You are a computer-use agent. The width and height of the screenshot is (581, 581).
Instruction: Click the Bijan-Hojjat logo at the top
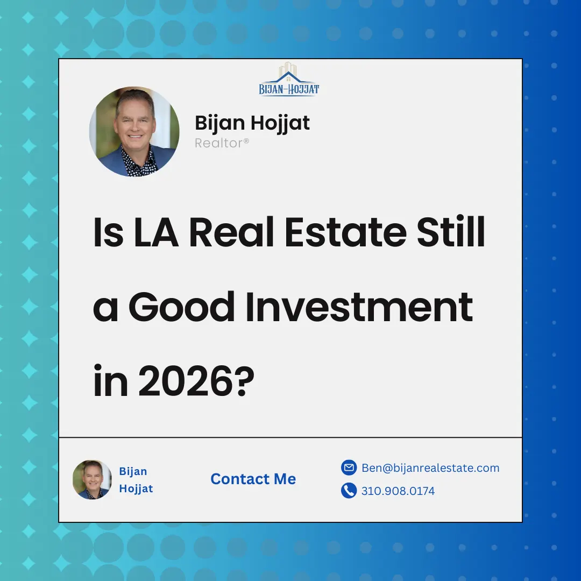[x=289, y=81]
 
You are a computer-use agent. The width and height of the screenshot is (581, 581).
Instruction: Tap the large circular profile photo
[x=134, y=131]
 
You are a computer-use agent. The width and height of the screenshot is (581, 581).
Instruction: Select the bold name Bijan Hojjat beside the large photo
[x=252, y=123]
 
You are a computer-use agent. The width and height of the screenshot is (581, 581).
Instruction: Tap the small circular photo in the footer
[x=92, y=479]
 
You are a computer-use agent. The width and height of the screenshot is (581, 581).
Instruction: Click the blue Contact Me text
[x=253, y=479]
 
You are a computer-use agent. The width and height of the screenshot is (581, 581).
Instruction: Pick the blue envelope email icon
[x=349, y=468]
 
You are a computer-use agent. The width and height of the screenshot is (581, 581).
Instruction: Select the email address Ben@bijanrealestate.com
[x=430, y=468]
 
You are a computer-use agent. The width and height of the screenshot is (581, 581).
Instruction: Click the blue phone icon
[x=349, y=491]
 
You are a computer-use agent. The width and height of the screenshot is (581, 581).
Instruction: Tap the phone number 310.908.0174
[x=398, y=491]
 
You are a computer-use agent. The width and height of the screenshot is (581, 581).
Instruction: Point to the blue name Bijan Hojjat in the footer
[x=136, y=480]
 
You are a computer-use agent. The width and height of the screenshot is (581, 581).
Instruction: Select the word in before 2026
[x=111, y=379]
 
